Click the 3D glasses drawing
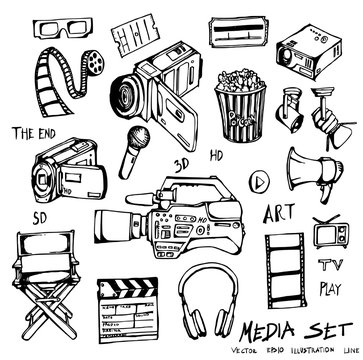click(x=62, y=31)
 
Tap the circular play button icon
click(x=259, y=183)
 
